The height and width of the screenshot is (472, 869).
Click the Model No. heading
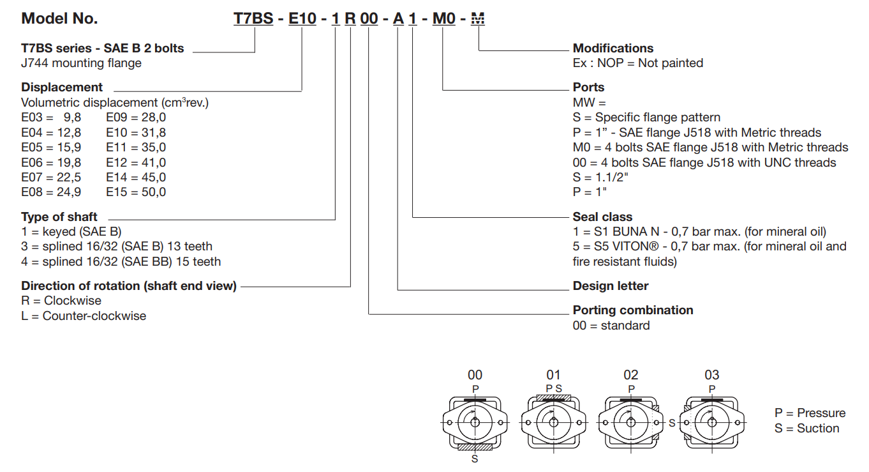59,19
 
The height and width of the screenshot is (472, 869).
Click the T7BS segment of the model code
255,19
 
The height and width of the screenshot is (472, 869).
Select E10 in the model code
302,19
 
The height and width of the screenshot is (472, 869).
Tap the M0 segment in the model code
444,19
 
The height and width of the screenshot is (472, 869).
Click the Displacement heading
62,88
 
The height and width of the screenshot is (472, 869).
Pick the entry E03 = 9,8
51,118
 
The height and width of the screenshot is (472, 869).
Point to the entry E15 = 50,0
136,192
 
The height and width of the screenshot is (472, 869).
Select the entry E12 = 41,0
136,162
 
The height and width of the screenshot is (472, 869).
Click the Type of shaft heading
59,217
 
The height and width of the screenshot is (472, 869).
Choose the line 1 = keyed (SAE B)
71,232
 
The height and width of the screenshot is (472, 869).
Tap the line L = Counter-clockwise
84,316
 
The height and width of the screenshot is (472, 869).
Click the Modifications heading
613,49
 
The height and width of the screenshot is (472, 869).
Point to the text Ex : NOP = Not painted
638,63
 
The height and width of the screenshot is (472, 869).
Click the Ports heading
588,88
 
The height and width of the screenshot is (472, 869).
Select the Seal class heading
602,217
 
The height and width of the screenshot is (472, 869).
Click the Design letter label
611,286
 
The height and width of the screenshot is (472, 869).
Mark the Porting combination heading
633,310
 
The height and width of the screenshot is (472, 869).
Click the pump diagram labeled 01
553,422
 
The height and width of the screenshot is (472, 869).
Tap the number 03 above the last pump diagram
711,375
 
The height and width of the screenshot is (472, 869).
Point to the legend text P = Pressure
810,413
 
